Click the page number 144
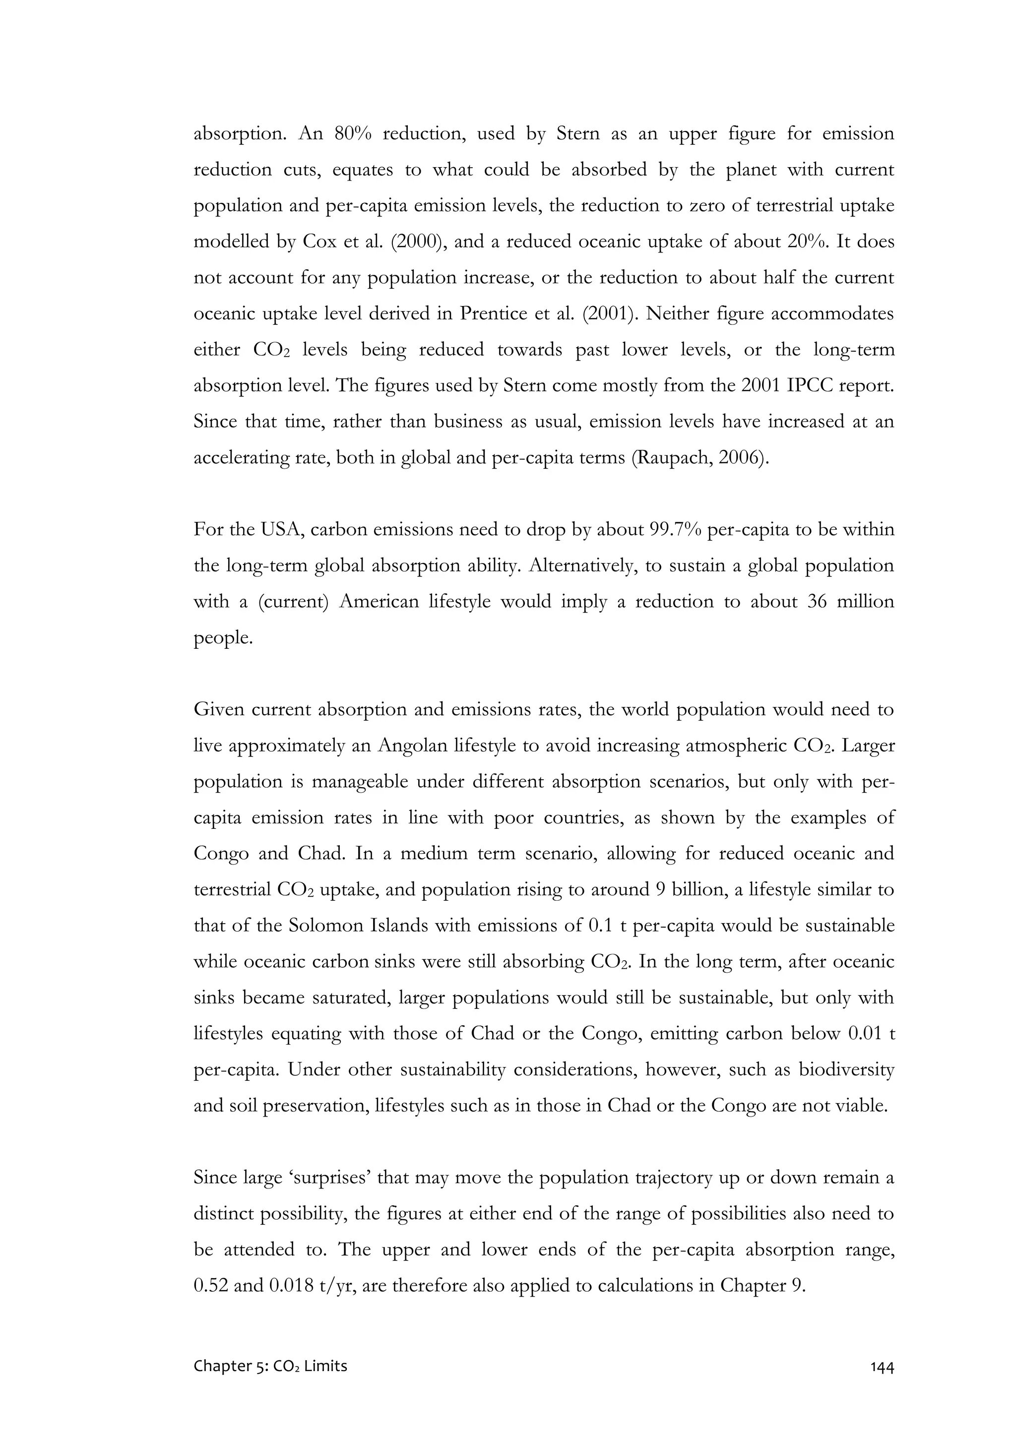[882, 1366]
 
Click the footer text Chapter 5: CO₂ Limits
[270, 1366]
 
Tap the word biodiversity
[846, 1069]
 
